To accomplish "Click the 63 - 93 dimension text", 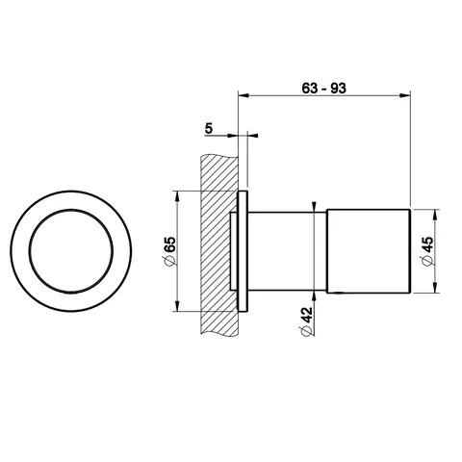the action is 323,88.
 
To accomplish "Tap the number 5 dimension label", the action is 209,128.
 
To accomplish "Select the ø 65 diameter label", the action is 170,251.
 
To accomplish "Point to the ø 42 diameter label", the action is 306,321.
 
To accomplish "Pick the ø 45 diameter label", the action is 428,251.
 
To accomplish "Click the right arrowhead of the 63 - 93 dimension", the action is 405,95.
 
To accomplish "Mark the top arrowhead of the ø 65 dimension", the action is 177,196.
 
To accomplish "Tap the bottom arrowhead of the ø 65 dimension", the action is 177,306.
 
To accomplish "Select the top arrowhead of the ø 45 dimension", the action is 435,215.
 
